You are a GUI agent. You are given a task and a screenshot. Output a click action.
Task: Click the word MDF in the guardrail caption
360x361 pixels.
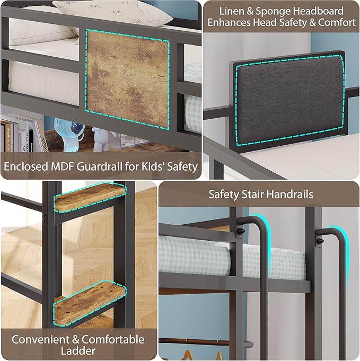pos(63,166)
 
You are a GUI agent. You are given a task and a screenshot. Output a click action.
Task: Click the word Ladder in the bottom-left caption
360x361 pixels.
pos(78,351)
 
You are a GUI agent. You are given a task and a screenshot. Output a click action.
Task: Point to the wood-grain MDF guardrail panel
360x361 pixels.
pos(127,80)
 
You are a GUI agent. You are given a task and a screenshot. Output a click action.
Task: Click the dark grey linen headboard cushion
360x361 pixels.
pos(289,100)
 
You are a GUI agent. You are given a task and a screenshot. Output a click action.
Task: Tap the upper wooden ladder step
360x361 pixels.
pos(90,197)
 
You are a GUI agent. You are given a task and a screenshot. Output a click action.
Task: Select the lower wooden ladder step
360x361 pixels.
pos(90,302)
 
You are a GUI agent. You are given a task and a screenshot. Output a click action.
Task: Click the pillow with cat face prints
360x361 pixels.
pos(112,12)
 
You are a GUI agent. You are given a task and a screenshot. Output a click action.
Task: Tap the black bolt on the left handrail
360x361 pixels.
pos(242,232)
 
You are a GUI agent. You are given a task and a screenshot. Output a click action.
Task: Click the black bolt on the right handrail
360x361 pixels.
pos(320,241)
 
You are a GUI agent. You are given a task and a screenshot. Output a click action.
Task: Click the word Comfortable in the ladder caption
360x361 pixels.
pos(113,340)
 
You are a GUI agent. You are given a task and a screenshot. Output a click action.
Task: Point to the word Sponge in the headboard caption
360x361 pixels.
pos(274,12)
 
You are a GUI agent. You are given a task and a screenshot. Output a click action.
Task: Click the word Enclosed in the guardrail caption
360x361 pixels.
pos(26,166)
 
